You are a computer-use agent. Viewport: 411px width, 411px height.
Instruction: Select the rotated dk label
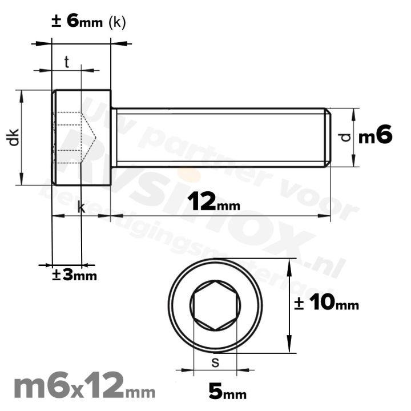(14, 138)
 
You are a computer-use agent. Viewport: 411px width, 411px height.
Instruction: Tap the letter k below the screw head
(81, 208)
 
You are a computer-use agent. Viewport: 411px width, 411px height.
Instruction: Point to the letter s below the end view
(215, 361)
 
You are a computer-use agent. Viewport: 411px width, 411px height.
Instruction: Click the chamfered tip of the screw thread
(328, 137)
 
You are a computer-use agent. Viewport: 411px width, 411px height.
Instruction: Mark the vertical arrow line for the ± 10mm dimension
(291, 305)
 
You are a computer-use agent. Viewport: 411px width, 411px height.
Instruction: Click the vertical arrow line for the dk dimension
(22, 137)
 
